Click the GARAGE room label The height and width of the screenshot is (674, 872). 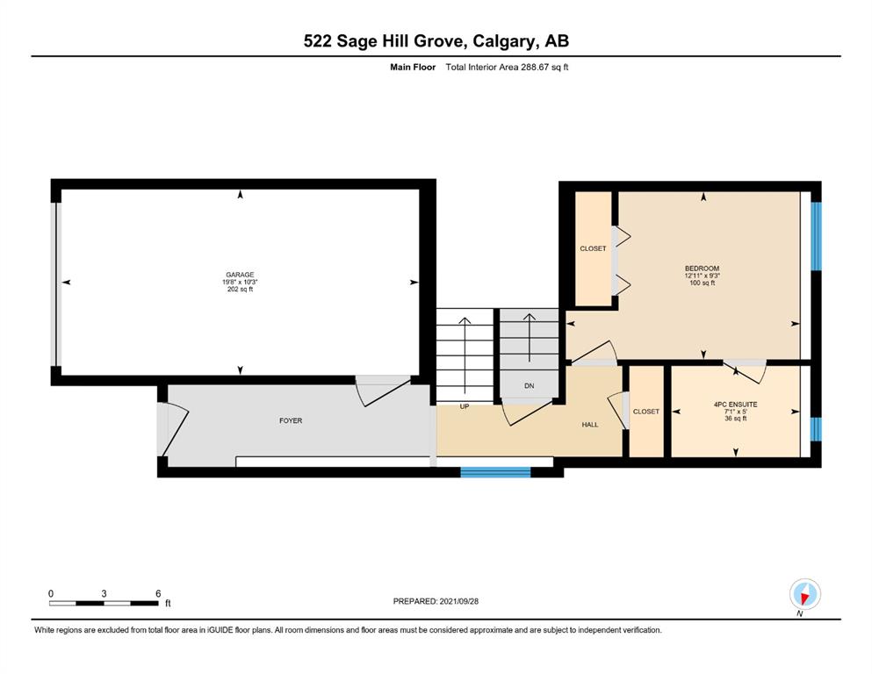240,275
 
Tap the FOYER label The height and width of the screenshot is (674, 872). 291,420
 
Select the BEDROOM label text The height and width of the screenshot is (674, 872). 702,269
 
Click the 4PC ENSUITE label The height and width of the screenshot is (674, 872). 735,405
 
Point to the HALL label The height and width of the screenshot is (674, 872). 590,425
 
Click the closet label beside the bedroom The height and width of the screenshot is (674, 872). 593,248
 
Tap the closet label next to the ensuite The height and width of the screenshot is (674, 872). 645,412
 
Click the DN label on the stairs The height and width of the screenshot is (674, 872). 529,385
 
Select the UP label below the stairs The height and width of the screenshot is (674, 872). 465,406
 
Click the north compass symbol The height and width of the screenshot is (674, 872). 804,594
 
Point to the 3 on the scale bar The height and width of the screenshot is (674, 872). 104,593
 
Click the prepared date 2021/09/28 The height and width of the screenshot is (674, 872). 458,601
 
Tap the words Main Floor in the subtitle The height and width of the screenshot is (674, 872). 413,68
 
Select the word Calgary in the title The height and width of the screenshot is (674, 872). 505,41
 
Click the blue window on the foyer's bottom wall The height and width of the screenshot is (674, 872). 495,472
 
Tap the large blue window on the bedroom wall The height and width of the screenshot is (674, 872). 816,236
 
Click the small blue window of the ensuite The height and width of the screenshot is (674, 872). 816,429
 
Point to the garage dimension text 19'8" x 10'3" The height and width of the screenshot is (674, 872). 240,282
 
